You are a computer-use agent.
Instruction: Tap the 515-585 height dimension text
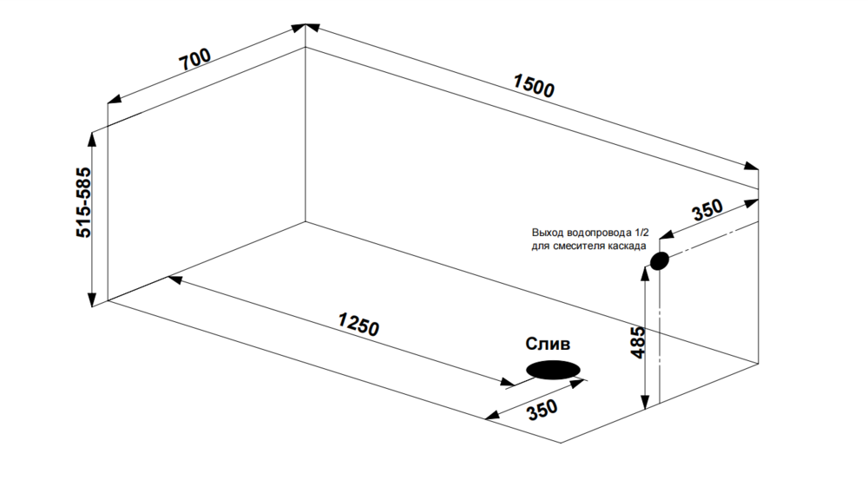(83, 203)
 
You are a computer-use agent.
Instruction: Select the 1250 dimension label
(358, 325)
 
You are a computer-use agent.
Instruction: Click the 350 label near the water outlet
(707, 211)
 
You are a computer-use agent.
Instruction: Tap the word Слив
(549, 344)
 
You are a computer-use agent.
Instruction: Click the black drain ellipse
(553, 370)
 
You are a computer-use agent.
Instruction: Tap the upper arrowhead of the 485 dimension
(644, 272)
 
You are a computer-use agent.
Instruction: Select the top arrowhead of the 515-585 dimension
(92, 139)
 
